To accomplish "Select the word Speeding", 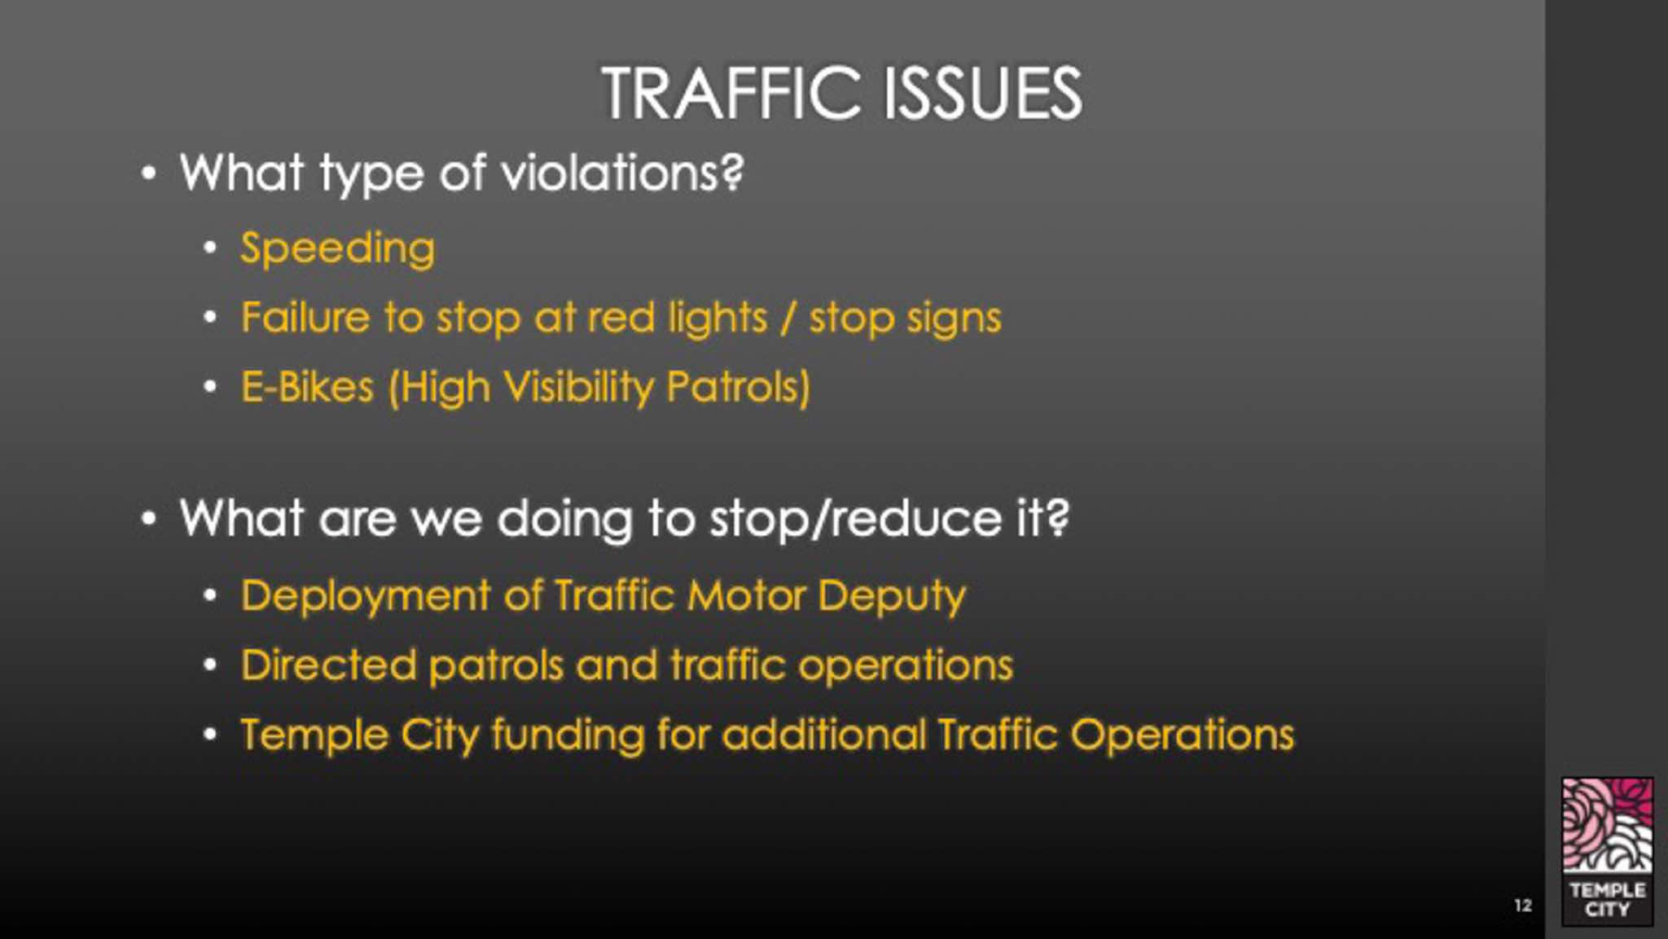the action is (338, 249).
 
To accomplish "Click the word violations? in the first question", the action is (622, 173).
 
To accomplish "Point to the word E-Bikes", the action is (307, 387).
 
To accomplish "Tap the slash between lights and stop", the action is (788, 318).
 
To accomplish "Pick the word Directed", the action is (329, 665).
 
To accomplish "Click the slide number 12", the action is (1523, 905).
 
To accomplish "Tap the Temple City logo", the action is (1607, 851).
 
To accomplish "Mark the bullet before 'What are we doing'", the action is (148, 519).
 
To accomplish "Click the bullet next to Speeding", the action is (210, 248).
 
